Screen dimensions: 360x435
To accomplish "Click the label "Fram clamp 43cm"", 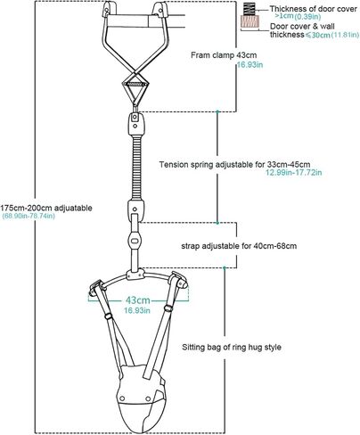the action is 224,55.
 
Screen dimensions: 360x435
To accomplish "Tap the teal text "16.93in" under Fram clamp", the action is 250,65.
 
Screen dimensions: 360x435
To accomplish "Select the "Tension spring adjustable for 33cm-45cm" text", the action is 234,164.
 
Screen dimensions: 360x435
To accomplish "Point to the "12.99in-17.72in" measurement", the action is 293,172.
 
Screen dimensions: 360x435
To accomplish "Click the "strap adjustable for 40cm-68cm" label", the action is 239,246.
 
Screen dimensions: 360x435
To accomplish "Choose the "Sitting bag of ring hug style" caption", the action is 232,347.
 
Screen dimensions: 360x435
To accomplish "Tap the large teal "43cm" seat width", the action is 137,300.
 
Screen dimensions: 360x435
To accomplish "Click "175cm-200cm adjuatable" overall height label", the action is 46,208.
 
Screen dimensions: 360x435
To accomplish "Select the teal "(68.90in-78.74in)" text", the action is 29,216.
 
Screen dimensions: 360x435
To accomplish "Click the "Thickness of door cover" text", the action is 314,9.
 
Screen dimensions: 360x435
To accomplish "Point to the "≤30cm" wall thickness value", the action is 317,35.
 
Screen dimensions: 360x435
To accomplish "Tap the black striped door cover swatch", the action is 250,9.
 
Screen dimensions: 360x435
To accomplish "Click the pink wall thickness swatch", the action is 250,22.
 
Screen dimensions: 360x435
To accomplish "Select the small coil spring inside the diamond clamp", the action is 135,85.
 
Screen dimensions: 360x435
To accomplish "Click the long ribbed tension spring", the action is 136,168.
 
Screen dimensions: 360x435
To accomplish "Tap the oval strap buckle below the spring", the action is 135,240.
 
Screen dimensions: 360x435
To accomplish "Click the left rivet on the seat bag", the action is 121,398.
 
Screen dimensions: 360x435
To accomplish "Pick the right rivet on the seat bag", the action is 148,398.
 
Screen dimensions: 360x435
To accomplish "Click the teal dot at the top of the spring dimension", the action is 217,111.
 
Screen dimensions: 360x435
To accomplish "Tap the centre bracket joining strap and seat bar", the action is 135,275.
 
